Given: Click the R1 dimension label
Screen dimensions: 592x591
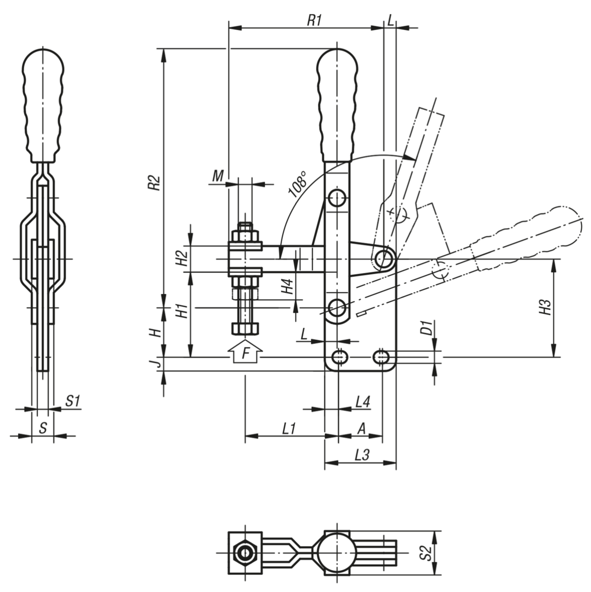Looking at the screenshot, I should click(x=314, y=20).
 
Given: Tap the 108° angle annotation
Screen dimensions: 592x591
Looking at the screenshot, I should click(x=298, y=185).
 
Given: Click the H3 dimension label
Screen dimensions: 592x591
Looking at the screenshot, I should click(x=545, y=307).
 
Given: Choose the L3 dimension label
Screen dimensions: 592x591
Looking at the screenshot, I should click(x=362, y=455).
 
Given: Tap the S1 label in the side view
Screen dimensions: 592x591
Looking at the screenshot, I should click(x=73, y=402).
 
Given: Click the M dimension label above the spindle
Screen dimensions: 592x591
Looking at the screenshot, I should click(x=218, y=175).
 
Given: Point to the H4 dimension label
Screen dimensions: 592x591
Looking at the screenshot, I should click(x=288, y=286).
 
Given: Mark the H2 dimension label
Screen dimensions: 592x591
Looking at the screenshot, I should click(x=182, y=258).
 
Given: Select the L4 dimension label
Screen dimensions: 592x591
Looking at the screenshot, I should click(x=363, y=402).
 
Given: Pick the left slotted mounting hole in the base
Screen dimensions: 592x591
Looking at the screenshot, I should click(x=339, y=356).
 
